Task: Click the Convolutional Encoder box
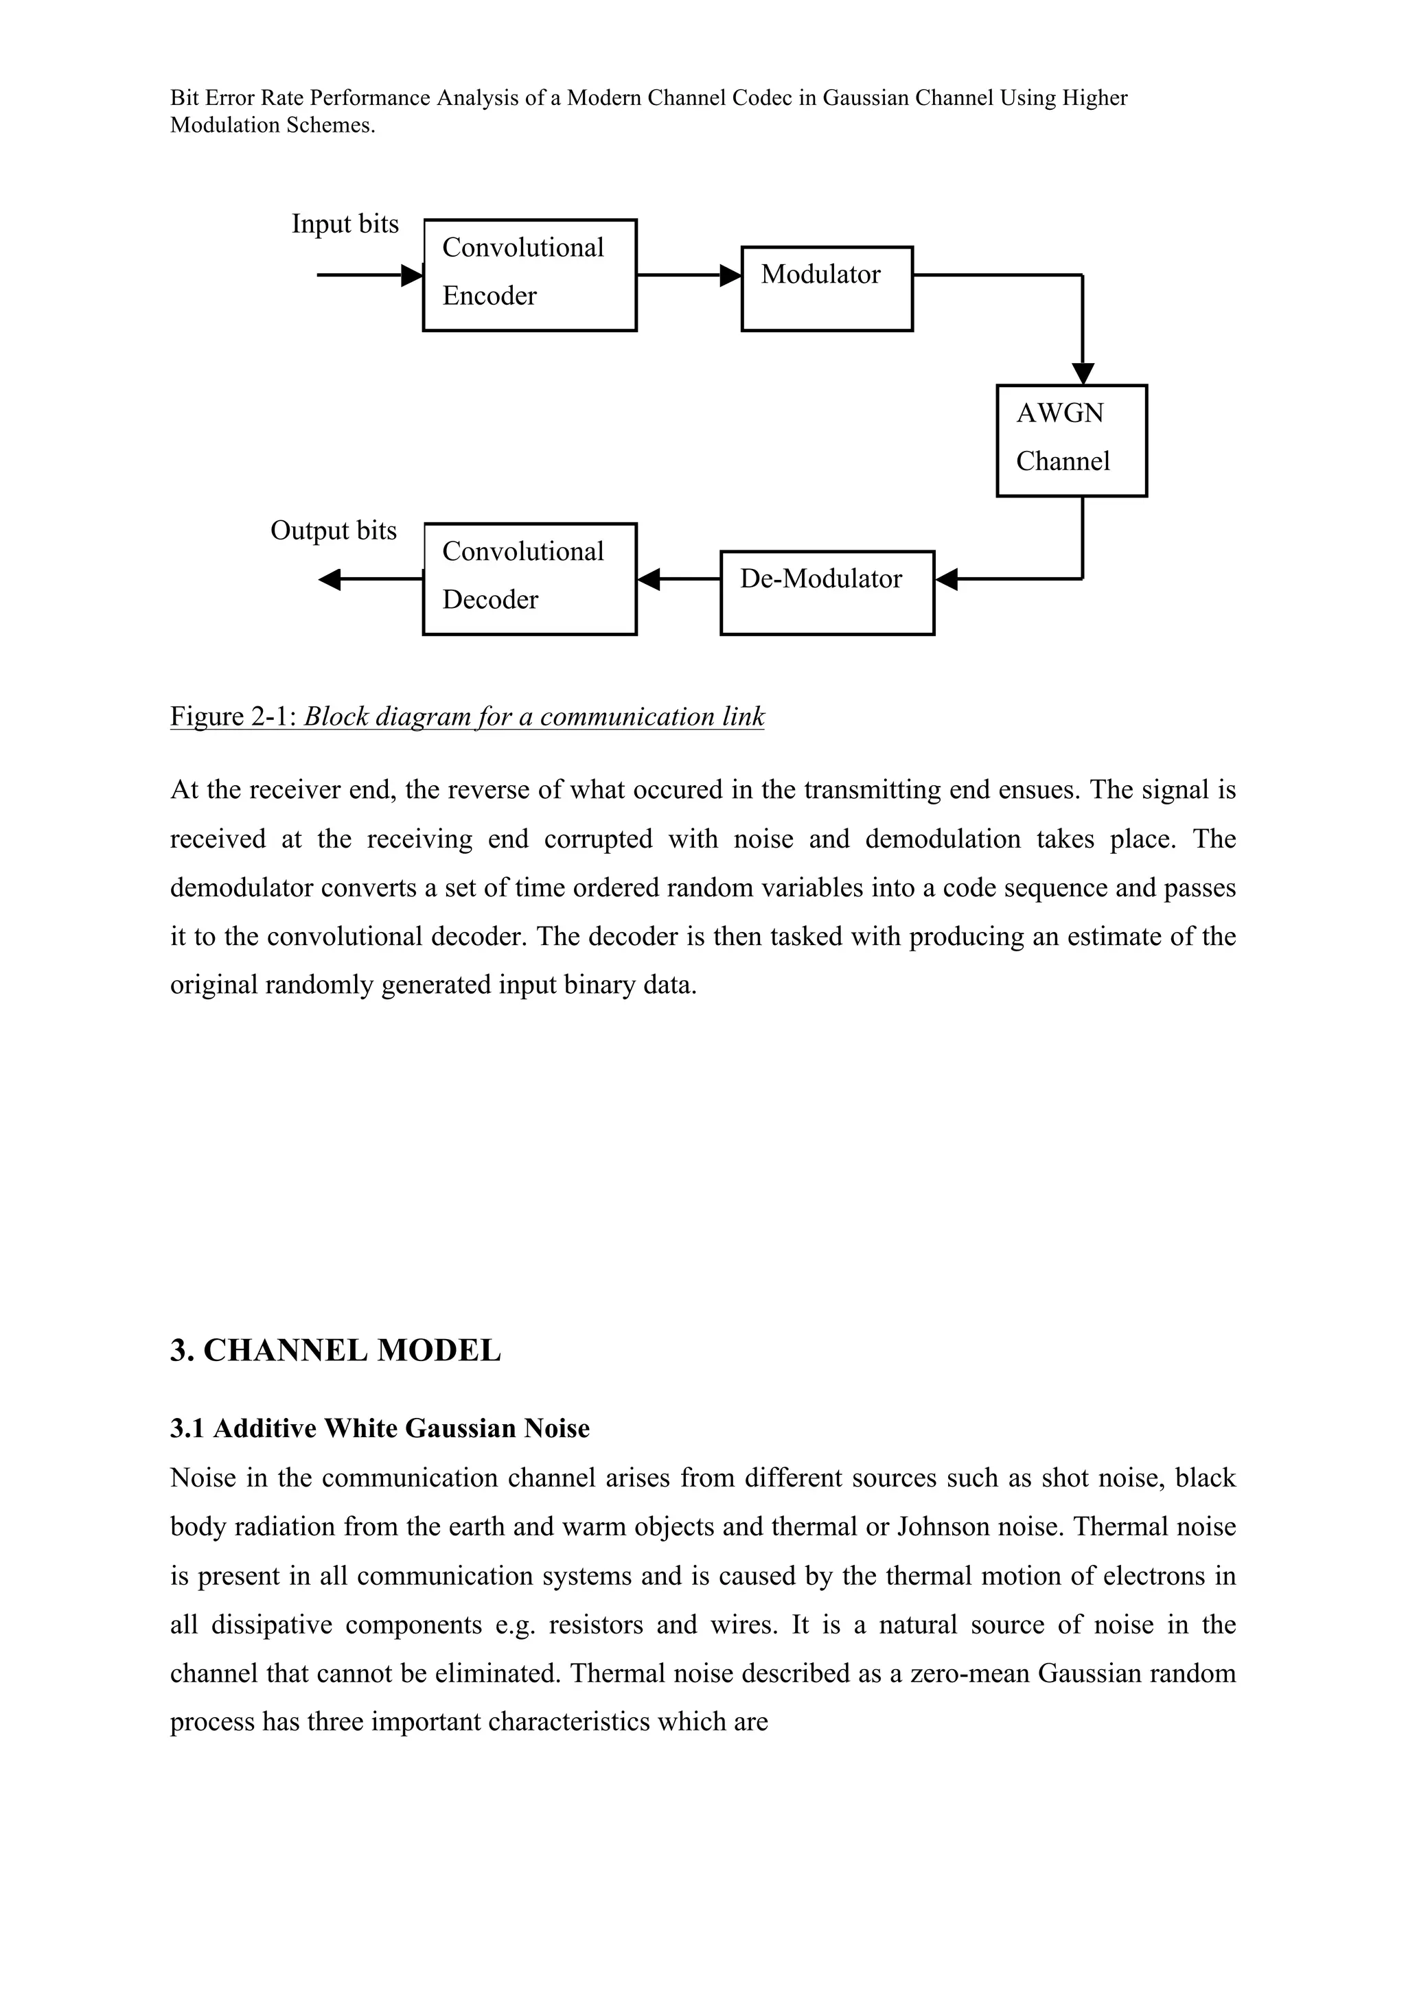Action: [529, 275]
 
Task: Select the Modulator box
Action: [827, 288]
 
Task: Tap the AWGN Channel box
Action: [1071, 440]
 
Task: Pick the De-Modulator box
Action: [827, 592]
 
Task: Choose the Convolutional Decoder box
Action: [529, 579]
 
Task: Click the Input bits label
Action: [345, 224]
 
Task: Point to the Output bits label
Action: [334, 530]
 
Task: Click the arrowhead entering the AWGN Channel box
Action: [1083, 373]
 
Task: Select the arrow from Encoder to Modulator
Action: [689, 275]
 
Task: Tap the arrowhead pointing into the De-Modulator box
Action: [947, 579]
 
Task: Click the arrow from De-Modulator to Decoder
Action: [678, 579]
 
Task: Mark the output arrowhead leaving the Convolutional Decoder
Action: [330, 579]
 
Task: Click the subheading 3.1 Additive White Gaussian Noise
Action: [380, 1428]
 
